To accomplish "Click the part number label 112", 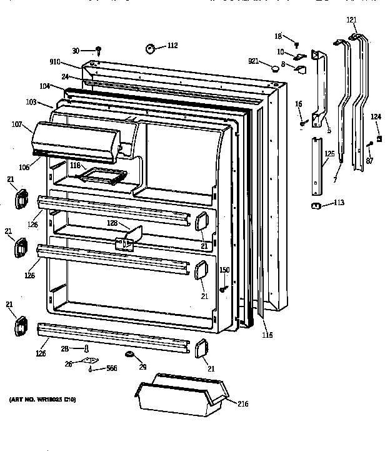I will (x=172, y=45).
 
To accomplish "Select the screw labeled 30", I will (x=99, y=50).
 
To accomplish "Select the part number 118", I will (x=75, y=166).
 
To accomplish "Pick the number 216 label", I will (x=242, y=404).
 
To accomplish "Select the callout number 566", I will (x=110, y=369).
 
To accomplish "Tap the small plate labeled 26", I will (x=93, y=361).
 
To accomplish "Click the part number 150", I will (x=224, y=270).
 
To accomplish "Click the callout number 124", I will (x=376, y=116).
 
